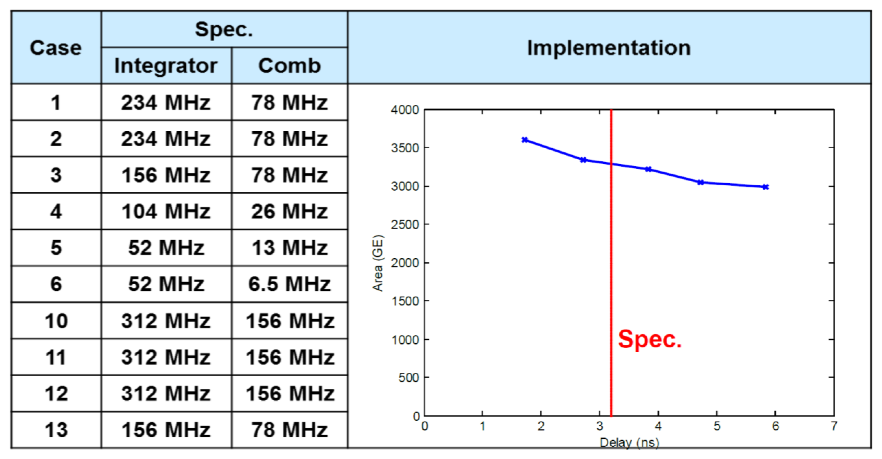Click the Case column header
pyautogui.click(x=56, y=47)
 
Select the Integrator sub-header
pyautogui.click(x=166, y=65)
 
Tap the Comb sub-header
pyautogui.click(x=289, y=65)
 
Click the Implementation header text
pyautogui.click(x=609, y=47)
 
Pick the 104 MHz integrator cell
pyautogui.click(x=166, y=211)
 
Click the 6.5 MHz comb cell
pyautogui.click(x=289, y=284)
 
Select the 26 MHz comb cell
pyautogui.click(x=289, y=211)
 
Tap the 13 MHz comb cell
pyautogui.click(x=289, y=248)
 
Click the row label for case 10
pyautogui.click(x=56, y=321)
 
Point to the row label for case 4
pyautogui.click(x=56, y=211)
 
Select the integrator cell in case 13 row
pyautogui.click(x=166, y=429)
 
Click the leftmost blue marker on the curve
pyautogui.click(x=525, y=140)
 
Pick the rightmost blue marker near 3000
pyautogui.click(x=765, y=187)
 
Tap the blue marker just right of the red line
pyautogui.click(x=648, y=169)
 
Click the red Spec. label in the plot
pyautogui.click(x=649, y=339)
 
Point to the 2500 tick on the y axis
pyautogui.click(x=405, y=225)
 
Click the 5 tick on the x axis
pyautogui.click(x=717, y=426)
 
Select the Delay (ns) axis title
pyautogui.click(x=629, y=443)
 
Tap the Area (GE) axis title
pyautogui.click(x=378, y=263)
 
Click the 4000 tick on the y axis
pyautogui.click(x=405, y=110)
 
